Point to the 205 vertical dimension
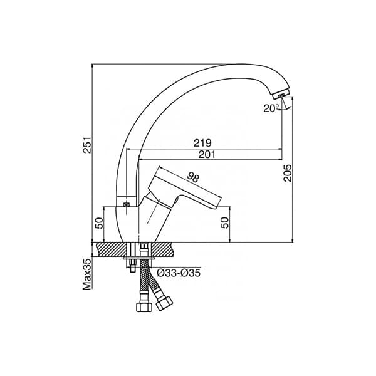[288, 173]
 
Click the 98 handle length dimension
[193, 177]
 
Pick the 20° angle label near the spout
[270, 108]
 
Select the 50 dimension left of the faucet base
[99, 224]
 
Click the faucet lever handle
[188, 188]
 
